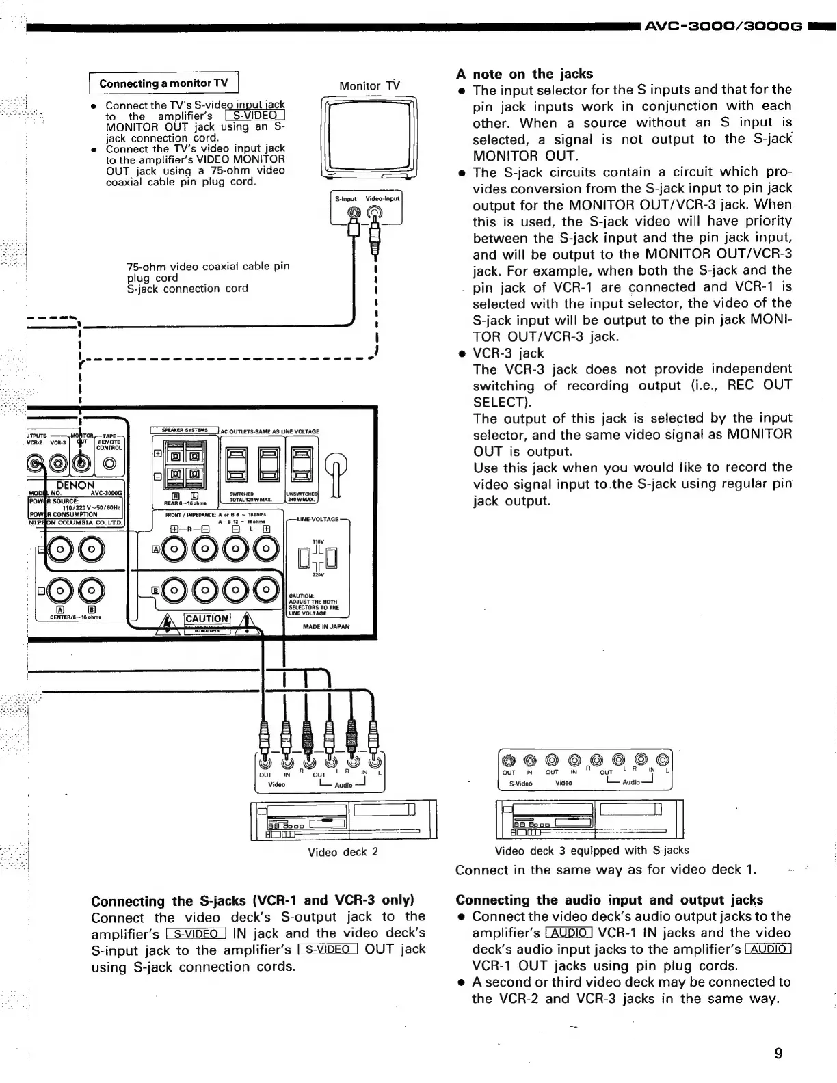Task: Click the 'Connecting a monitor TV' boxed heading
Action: point(163,83)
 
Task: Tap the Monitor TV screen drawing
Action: point(369,137)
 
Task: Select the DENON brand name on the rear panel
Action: point(75,485)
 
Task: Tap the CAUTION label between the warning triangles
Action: point(207,619)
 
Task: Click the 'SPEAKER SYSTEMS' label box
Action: point(185,430)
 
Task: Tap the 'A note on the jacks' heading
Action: point(524,74)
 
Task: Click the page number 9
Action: point(778,1052)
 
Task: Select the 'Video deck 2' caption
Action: point(343,852)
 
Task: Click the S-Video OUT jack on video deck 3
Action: point(508,759)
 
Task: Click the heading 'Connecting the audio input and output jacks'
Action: point(609,900)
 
